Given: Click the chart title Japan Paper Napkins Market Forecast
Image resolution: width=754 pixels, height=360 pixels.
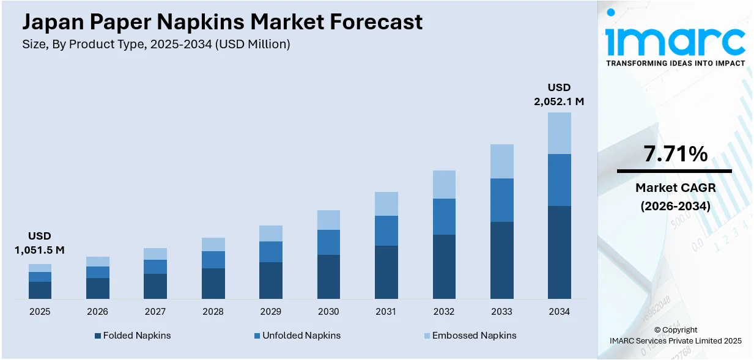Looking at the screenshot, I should point(223,22).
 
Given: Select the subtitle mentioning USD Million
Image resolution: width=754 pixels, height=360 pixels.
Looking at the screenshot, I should point(156,44).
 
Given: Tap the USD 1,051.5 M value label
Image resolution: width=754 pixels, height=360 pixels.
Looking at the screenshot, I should point(40,243).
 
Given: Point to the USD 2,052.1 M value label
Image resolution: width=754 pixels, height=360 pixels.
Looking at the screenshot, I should point(559,94).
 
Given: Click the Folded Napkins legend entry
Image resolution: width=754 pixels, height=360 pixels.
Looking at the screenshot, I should point(133,336).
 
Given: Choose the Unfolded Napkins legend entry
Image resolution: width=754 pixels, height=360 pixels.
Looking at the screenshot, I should point(297,336).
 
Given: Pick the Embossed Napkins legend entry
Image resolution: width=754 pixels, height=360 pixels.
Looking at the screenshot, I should point(470,336).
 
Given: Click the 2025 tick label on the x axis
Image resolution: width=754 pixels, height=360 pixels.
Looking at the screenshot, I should point(40,312).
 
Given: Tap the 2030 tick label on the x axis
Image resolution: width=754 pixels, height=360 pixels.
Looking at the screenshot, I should point(328,312).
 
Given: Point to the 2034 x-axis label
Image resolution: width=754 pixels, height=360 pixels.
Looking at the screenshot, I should point(559,312).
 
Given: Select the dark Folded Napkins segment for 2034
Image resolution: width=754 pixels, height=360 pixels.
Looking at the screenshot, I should point(559,252).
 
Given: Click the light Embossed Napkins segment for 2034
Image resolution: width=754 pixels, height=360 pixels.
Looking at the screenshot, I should point(559,133).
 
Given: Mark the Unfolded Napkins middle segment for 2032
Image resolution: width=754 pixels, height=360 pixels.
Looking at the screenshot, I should point(444,216).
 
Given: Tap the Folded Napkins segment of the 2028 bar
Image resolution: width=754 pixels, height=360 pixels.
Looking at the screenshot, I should point(213,283).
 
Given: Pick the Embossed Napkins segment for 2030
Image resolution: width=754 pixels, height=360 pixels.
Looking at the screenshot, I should point(328,220).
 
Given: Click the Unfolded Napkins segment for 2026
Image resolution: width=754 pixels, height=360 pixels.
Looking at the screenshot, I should point(97,272).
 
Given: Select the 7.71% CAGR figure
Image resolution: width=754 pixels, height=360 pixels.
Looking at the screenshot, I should point(675,154).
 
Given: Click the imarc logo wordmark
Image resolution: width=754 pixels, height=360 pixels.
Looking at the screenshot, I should point(675,39).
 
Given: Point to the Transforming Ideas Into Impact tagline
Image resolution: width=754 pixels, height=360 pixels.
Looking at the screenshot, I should point(675,63).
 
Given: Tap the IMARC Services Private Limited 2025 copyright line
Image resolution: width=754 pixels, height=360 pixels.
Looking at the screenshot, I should point(675,340).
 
